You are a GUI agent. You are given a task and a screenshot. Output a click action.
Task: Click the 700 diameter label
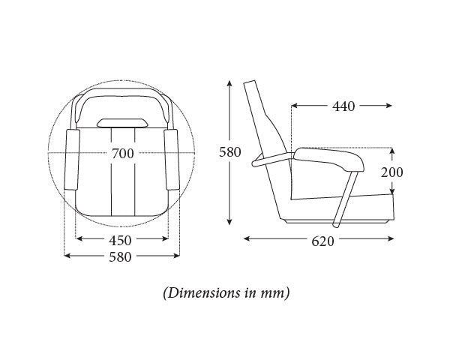pos(122,154)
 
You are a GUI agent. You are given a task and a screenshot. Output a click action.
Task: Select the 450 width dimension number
pos(120,241)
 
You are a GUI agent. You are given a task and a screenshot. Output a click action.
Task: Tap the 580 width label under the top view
pos(120,257)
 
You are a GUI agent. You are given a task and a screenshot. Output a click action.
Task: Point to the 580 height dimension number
pos(230,152)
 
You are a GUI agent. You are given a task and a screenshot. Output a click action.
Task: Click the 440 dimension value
pos(343,106)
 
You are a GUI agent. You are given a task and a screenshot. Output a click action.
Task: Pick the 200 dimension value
pos(391,172)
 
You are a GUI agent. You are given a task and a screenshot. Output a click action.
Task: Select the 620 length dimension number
pos(322,241)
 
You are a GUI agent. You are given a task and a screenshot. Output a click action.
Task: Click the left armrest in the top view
pos(72,160)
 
